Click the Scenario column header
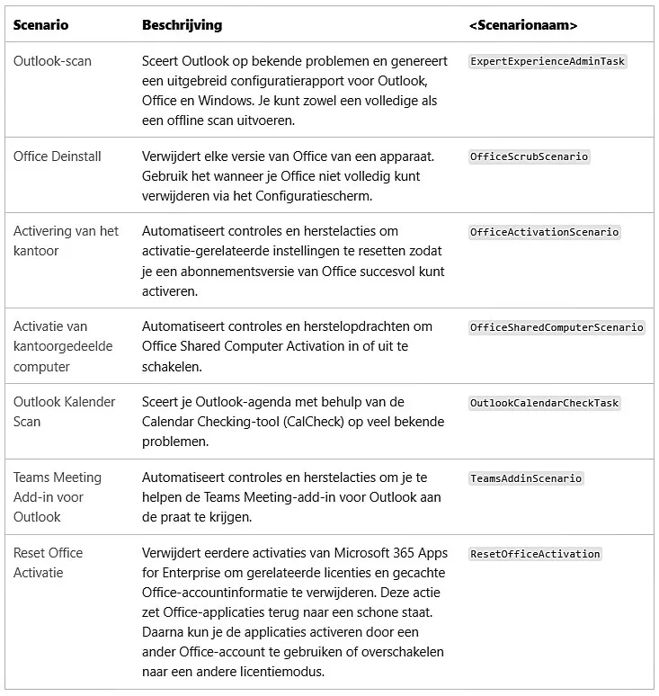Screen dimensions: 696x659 coord(40,25)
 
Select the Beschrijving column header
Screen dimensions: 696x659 coord(182,25)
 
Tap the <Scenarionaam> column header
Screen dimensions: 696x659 coord(523,25)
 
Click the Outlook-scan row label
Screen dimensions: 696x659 coord(52,61)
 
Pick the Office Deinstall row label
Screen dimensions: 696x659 coord(58,156)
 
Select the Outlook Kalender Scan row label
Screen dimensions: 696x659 coord(64,412)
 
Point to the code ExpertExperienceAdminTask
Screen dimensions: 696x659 coord(548,62)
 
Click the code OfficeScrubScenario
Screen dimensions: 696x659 coord(529,156)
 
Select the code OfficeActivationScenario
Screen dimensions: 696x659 coord(544,232)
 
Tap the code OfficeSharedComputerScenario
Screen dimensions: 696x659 coord(557,327)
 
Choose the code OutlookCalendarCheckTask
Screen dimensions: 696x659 coord(544,403)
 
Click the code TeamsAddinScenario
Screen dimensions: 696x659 coord(526,478)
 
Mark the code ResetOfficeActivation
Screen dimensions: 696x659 coord(535,554)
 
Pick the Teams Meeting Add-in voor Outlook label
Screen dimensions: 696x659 coord(57,497)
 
